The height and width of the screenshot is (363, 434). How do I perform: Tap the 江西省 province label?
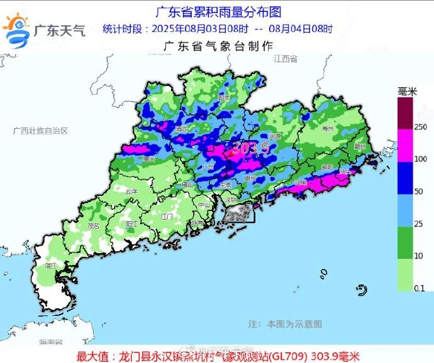(285, 58)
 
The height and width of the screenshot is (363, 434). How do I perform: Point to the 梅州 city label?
(327, 128)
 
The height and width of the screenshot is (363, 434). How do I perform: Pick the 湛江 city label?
(51, 266)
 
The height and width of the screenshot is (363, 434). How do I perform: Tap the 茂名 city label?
(94, 225)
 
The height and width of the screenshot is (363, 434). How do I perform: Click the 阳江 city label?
(132, 223)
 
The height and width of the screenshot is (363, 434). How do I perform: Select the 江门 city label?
(167, 216)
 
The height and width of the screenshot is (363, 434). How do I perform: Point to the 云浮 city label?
(131, 191)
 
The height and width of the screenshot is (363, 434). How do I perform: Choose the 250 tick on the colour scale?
(404, 127)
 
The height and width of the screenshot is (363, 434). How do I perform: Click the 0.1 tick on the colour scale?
(403, 288)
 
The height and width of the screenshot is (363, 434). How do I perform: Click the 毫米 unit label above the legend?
(407, 92)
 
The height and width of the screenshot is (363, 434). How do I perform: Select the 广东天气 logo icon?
(18, 30)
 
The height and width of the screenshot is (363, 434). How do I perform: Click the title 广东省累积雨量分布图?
(218, 11)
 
